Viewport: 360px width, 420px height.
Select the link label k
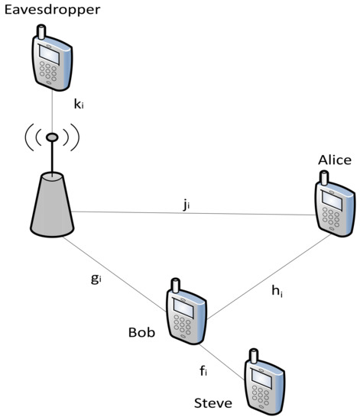(x=78, y=105)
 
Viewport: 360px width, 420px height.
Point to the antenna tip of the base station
(x=52, y=137)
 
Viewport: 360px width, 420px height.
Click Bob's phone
(x=186, y=313)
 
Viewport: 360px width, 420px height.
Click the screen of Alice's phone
(x=332, y=197)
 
